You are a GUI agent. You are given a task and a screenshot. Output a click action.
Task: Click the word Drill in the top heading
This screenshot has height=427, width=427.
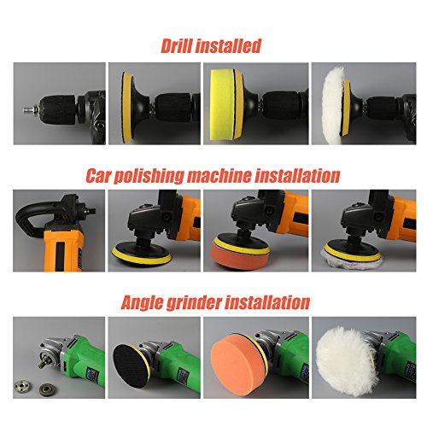177,45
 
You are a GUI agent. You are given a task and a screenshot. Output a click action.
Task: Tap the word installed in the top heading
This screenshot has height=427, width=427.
229,45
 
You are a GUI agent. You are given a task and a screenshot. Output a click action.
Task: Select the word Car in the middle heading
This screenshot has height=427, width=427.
98,176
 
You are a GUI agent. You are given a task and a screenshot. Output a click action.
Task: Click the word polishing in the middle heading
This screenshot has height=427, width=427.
149,177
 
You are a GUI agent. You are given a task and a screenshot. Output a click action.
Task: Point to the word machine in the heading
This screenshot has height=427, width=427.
219,176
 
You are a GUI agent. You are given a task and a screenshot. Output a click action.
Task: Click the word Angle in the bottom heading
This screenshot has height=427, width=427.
142,303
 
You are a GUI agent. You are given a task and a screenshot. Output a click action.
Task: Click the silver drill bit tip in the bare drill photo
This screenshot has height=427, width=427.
28,109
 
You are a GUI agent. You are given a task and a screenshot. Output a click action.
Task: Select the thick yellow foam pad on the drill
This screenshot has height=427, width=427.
223,105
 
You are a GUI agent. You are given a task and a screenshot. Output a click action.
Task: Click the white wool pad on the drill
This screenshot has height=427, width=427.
334,106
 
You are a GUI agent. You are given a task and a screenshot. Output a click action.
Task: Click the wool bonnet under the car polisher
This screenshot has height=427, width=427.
352,257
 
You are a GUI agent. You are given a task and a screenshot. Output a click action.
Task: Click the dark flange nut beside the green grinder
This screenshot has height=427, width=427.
47,389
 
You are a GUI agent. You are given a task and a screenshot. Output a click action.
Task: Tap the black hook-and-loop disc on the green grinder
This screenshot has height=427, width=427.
131,366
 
